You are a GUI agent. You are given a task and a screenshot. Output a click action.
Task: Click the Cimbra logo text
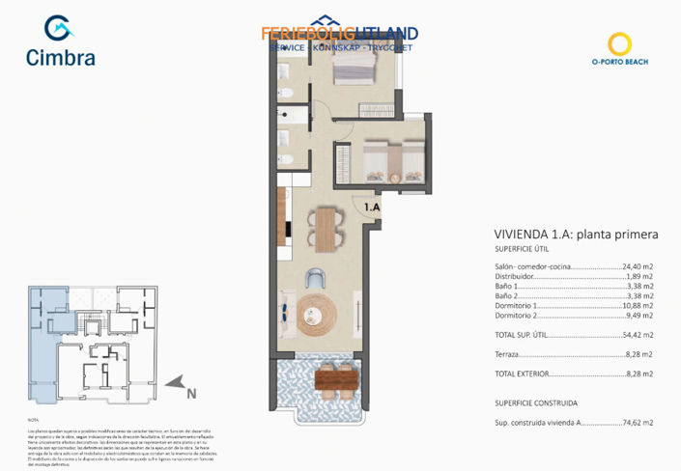coord(61,58)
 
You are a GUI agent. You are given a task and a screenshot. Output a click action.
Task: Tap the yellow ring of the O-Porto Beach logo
coord(619,43)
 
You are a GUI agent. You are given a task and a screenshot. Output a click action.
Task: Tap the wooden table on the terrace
coord(333,378)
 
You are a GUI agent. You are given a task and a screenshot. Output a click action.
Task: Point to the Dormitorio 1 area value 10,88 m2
coord(636,306)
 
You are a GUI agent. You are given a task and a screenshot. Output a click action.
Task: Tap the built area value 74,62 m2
coord(636,422)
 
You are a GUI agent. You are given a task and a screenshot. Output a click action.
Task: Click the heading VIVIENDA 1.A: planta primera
coord(562,235)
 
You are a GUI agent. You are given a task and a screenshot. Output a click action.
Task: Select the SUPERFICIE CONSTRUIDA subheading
coord(536,402)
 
